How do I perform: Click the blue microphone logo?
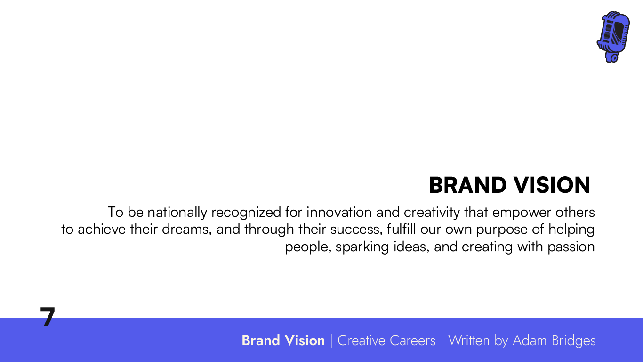(613, 37)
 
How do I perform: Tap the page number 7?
(48, 317)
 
